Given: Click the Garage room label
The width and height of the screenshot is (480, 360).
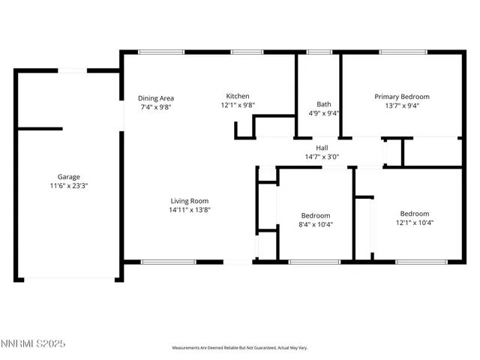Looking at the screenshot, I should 68,177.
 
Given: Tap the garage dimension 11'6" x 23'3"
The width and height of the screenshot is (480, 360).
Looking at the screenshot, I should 68,185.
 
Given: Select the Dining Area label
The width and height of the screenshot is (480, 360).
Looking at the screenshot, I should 156,97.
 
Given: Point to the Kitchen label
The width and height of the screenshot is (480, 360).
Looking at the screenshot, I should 238,96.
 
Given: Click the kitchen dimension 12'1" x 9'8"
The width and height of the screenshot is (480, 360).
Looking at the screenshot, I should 238,106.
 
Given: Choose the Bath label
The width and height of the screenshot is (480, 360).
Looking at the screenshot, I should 324,104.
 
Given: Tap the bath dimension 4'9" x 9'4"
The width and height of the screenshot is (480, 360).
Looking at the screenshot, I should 324,113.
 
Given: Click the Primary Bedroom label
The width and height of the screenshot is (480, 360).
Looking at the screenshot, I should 402,97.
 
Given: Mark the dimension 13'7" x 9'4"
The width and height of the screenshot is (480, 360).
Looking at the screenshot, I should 402,106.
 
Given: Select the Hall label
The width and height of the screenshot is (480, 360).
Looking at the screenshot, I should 322,148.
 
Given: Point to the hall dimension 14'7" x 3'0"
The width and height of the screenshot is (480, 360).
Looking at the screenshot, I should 322,157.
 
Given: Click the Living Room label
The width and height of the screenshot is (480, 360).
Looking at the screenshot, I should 189,200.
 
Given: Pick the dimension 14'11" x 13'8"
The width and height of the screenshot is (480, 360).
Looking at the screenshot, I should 189,210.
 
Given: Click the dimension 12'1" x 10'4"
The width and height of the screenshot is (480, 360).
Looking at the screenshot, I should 414,222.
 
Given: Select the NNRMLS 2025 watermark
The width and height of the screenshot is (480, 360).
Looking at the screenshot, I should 33,343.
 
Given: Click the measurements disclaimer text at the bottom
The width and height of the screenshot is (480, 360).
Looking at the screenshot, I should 240,348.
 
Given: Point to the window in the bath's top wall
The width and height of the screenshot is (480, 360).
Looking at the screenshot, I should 319,52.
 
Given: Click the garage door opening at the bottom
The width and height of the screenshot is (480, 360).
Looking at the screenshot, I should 70,280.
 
